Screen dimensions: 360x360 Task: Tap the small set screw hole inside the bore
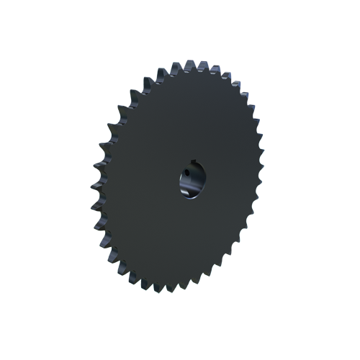tap(185, 173)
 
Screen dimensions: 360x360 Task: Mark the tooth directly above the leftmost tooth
tap(95, 176)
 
